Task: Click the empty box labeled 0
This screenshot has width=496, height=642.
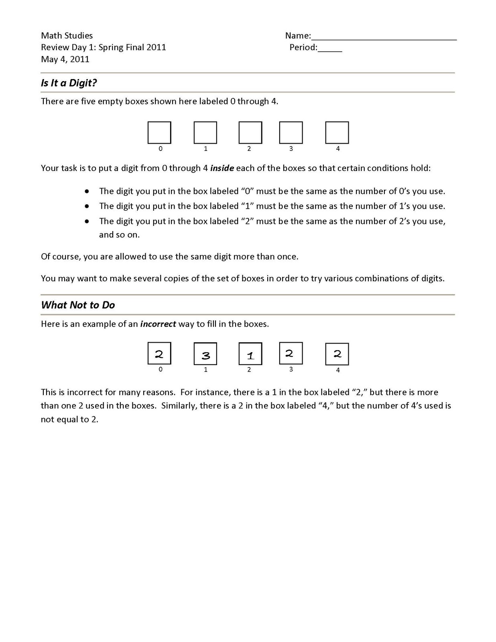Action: pyautogui.click(x=159, y=133)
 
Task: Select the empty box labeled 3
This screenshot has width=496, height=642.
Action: pyautogui.click(x=291, y=133)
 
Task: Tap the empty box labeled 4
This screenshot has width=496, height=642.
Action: pyautogui.click(x=337, y=133)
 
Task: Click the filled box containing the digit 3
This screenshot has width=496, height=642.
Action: pyautogui.click(x=205, y=354)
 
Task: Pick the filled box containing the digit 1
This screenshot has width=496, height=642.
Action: pyautogui.click(x=250, y=354)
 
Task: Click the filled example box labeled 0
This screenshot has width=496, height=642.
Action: pyautogui.click(x=159, y=354)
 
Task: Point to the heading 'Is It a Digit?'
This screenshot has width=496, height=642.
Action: pyautogui.click(x=69, y=83)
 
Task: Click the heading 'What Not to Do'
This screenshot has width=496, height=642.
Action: pyautogui.click(x=78, y=305)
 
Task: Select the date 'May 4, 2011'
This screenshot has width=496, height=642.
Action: pyautogui.click(x=65, y=59)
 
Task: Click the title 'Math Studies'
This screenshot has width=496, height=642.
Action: pyautogui.click(x=67, y=36)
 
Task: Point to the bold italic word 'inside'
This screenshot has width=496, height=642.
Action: pyautogui.click(x=222, y=168)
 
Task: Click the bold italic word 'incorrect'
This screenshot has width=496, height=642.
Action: pyautogui.click(x=158, y=324)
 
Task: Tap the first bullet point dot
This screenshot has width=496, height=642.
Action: pyautogui.click(x=87, y=191)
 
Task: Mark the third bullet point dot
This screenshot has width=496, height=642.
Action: pyautogui.click(x=87, y=221)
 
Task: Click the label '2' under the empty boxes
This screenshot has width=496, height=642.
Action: pyautogui.click(x=249, y=149)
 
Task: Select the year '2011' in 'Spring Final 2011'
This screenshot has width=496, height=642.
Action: pyautogui.click(x=156, y=47)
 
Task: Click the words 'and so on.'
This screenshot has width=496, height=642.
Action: pyautogui.click(x=119, y=235)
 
